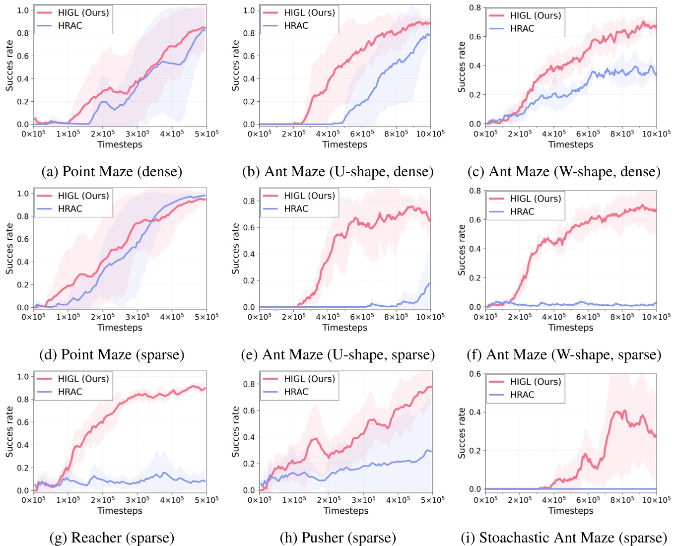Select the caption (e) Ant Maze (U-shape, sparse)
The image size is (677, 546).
(338, 355)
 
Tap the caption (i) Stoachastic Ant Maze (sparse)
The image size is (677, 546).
(564, 538)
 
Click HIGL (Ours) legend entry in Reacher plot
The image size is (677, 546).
(83, 379)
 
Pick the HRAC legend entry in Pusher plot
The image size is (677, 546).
(296, 392)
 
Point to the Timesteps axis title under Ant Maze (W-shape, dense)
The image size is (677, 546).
(570, 144)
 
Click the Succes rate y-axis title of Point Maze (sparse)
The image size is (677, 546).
(9, 248)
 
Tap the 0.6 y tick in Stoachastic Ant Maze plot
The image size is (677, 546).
(475, 374)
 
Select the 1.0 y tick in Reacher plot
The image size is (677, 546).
(23, 376)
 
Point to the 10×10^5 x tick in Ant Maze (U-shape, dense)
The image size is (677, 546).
(430, 134)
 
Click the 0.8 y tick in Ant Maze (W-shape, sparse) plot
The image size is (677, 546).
(475, 191)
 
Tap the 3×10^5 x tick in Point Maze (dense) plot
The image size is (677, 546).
(137, 134)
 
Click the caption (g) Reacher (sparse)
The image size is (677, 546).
(112, 538)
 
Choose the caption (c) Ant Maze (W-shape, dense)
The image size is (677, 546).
(564, 172)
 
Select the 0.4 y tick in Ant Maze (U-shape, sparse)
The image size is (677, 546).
(249, 254)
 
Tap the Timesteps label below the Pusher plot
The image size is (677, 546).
(345, 511)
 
